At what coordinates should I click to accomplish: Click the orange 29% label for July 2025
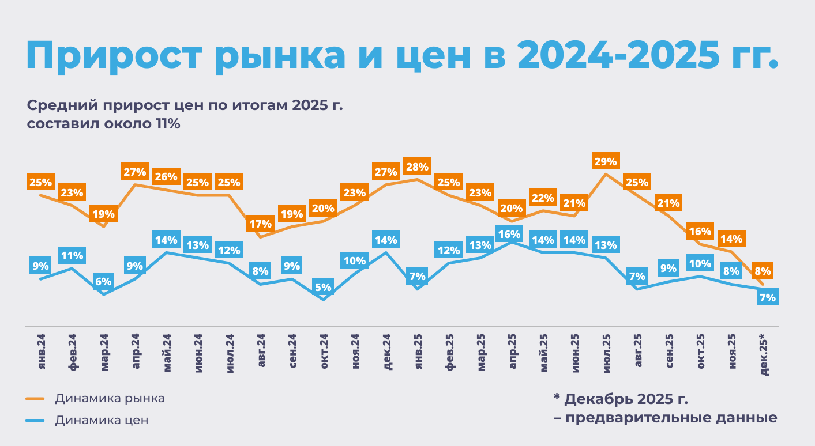point(606,161)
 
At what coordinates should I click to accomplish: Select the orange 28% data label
point(416,167)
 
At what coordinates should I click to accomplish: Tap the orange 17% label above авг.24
point(260,224)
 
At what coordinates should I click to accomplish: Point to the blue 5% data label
point(323,287)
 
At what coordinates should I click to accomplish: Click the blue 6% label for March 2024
point(103,282)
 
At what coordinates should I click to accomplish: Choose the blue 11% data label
point(72,256)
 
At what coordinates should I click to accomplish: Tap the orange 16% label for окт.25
point(700,232)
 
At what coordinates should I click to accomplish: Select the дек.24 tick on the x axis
point(387,353)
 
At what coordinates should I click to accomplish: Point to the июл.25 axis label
point(607,353)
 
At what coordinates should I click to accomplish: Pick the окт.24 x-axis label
point(324,353)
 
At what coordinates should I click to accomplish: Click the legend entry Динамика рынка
point(110,398)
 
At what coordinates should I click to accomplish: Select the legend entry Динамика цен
point(102,420)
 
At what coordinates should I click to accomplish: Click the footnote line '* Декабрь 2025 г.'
point(621,399)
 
